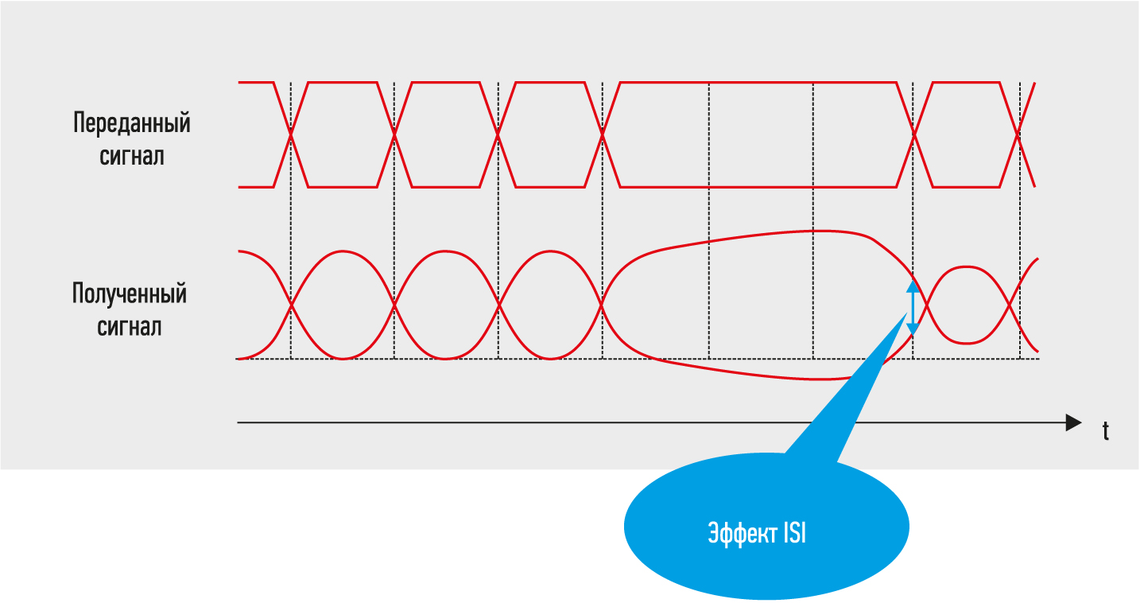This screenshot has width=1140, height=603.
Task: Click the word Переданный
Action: pos(132,124)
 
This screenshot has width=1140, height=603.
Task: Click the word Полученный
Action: pos(130,294)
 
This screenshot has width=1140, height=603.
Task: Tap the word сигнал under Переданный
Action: pos(132,157)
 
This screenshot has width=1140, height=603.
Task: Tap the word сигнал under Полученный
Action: pos(130,327)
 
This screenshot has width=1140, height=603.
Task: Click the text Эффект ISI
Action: pos(757,533)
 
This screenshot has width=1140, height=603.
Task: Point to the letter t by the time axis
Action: pos(1105,431)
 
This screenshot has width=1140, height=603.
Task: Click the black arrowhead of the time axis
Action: pos(1073,422)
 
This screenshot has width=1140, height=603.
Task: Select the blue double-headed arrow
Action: pos(913,308)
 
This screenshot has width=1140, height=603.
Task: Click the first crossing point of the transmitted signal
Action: pos(291,134)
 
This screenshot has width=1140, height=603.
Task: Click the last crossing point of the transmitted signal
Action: pos(1018,134)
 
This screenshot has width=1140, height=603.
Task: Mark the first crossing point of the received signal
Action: pos(291,305)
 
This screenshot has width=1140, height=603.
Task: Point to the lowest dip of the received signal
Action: pos(824,379)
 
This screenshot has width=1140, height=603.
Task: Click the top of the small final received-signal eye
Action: pos(966,266)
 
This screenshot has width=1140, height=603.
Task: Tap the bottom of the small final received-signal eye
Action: pos(966,343)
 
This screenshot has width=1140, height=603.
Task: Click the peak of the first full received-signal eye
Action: pos(343,251)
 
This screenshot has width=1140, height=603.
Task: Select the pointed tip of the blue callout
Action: pos(906,313)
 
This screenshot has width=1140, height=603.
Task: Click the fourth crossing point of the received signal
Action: pos(602,305)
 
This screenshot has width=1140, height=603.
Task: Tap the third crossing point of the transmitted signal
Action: pos(498,134)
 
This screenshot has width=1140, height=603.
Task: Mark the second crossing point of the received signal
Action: pos(394,305)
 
